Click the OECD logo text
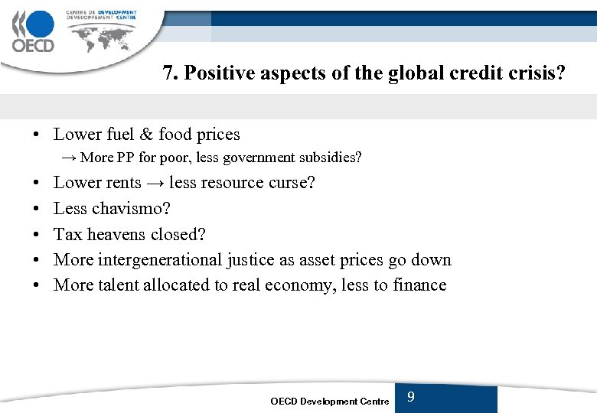click(x=33, y=44)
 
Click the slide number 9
click(x=411, y=397)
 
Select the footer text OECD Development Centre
click(x=330, y=402)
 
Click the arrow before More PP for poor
click(x=69, y=158)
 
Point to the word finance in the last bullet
click(x=419, y=285)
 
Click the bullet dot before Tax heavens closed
click(x=37, y=235)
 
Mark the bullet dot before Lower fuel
click(x=37, y=135)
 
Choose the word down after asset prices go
click(x=431, y=260)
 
